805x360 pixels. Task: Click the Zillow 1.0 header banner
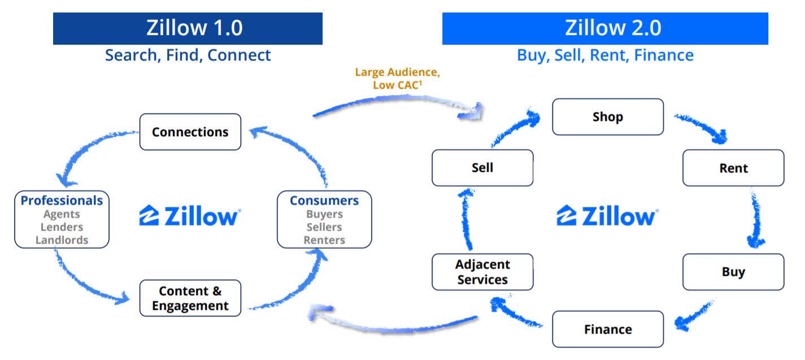pos(188,28)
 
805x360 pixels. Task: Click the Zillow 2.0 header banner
pos(604,28)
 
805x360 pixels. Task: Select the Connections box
pos(190,132)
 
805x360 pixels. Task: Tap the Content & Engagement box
pos(190,298)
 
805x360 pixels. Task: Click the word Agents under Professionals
pos(62,214)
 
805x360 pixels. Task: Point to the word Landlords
pos(62,240)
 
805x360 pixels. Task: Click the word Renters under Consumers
pos(324,240)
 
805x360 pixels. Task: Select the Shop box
pos(607,117)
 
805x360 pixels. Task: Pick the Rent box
pos(733,168)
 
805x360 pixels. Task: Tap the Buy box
pos(733,272)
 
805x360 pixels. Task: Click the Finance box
pos(607,329)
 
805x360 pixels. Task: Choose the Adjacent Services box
pos(482,272)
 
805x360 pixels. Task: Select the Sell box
pos(482,168)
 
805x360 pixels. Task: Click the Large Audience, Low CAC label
pos(397,79)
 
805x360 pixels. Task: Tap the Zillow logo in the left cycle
pos(190,216)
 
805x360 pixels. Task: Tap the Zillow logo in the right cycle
pos(607,216)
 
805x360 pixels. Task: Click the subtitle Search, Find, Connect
pos(188,55)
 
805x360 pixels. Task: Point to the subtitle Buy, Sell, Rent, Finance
pos(605,55)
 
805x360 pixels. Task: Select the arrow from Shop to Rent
pos(702,127)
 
